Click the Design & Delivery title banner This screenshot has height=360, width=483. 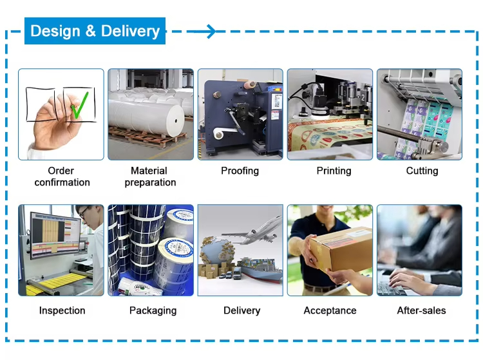click(x=95, y=31)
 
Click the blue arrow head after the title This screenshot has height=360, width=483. click(x=211, y=32)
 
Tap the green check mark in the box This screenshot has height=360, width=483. click(x=79, y=106)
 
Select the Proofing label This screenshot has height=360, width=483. click(x=240, y=171)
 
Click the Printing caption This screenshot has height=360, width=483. click(x=334, y=171)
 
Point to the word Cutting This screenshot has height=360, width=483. click(x=422, y=171)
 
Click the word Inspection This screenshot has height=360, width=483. click(x=62, y=310)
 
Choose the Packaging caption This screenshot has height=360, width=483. click(x=153, y=310)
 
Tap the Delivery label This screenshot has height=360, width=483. click(x=241, y=310)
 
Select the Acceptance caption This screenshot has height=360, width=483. click(x=330, y=310)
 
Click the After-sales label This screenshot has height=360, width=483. click(x=421, y=310)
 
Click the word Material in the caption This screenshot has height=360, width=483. click(x=149, y=171)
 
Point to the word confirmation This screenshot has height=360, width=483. click(x=62, y=182)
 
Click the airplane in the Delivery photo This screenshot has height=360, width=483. click(x=252, y=231)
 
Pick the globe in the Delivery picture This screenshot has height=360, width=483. click(x=216, y=252)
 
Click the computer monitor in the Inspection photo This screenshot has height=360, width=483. click(x=55, y=234)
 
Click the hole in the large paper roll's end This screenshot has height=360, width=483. click(x=176, y=120)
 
